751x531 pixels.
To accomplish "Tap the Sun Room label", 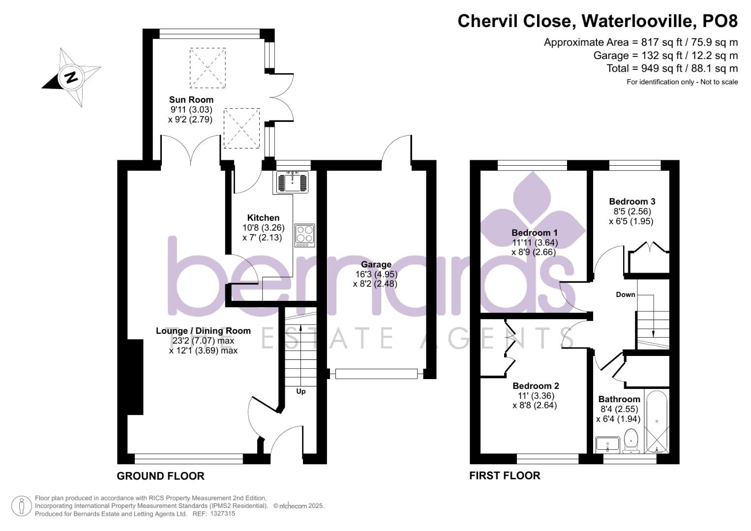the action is click(191, 99).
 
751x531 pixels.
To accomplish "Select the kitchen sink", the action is click(292, 182).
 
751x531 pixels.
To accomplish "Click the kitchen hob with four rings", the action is click(305, 236).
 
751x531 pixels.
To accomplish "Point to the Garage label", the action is click(376, 265).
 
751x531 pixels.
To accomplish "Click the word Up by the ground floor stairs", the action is click(300, 391).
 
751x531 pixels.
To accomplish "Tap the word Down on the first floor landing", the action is click(626, 295).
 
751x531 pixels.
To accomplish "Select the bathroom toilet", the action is click(631, 441).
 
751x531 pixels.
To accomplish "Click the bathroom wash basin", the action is click(607, 444).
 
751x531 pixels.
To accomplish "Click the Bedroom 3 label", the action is click(632, 202).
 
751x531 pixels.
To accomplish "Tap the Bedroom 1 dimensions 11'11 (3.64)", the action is click(535, 242).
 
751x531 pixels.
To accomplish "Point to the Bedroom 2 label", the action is click(536, 386).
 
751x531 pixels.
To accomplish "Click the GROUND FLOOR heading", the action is click(161, 476).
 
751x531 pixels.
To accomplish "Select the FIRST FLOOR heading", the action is click(505, 476).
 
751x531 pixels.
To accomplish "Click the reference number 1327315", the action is click(222, 514).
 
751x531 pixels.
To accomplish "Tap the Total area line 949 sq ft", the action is click(672, 68).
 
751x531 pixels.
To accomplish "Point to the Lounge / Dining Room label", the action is click(203, 331).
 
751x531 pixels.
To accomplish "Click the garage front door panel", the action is click(377, 374).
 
